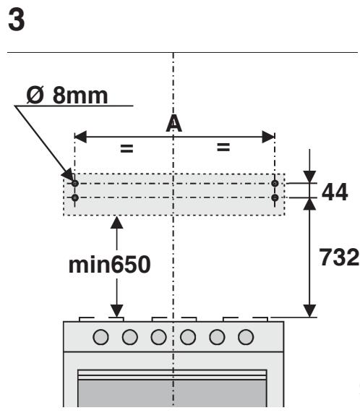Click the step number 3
[x=17, y=20]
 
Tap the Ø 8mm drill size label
[x=67, y=95]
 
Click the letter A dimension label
[x=174, y=123]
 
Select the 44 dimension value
[x=335, y=192]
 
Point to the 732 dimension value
[x=339, y=257]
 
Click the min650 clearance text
[x=109, y=265]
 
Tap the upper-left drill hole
[x=75, y=183]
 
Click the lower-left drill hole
[x=75, y=197]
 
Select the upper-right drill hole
[x=275, y=183]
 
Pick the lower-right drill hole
[x=275, y=197]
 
